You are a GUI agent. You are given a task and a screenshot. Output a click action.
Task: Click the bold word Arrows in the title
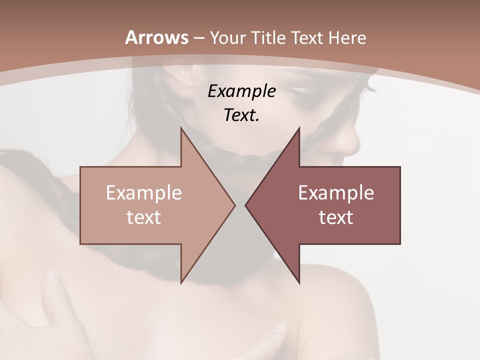coord(156,37)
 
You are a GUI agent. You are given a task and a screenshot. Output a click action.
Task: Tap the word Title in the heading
coord(267,38)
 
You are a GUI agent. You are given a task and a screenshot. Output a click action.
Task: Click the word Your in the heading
coord(227,38)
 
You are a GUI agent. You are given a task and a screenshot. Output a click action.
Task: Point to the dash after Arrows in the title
coord(198,38)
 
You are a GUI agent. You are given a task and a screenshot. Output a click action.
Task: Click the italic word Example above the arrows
coord(241,91)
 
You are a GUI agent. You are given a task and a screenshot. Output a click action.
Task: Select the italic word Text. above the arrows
coord(241,115)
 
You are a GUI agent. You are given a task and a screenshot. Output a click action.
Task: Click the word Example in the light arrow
coord(144,193)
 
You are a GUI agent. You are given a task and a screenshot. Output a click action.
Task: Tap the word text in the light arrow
coord(144,217)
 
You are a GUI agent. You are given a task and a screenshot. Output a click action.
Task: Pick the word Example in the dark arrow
coord(336,193)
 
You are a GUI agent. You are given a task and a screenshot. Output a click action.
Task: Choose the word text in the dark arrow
coord(336,217)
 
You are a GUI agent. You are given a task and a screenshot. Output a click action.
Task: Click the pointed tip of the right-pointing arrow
coord(234,204)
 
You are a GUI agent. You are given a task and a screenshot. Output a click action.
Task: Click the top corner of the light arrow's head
coord(181,128)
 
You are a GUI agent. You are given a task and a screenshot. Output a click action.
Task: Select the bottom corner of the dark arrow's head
coord(299,282)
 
